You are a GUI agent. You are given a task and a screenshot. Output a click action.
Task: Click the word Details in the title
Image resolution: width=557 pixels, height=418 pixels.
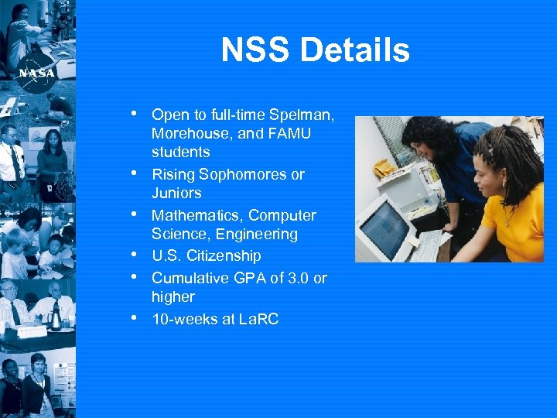coord(355,51)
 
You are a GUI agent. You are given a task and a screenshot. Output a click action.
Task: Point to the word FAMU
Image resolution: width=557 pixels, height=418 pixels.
coord(289,134)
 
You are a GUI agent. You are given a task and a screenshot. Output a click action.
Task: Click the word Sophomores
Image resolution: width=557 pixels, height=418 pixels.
coord(243,175)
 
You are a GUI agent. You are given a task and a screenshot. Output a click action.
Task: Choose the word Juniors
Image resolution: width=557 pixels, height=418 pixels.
coord(176,194)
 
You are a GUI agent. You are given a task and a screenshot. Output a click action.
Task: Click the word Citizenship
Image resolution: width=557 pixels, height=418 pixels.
coord(224,255)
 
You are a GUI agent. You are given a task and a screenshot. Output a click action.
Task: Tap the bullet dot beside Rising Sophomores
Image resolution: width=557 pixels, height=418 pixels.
coord(136,173)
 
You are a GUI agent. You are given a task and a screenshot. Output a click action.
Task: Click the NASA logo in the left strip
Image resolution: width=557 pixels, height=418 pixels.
coord(36,71)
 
